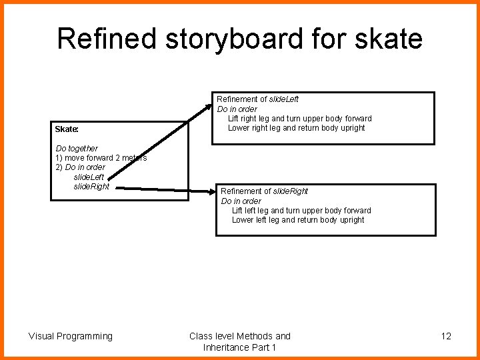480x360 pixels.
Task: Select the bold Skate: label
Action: [67, 129]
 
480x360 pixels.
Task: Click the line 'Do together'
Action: [77, 148]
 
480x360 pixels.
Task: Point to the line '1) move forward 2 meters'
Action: [101, 158]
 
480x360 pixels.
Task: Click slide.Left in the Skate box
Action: [89, 177]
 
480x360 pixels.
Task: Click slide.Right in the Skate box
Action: [91, 187]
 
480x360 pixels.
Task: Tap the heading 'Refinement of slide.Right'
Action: [265, 191]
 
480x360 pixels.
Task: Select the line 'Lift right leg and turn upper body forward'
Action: [300, 119]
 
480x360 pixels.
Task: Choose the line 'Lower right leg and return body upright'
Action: [297, 128]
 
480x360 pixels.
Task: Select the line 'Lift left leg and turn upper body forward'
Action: [301, 211]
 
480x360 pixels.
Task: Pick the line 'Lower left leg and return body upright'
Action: [298, 220]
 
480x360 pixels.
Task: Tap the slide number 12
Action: [446, 336]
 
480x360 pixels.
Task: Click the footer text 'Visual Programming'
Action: [71, 336]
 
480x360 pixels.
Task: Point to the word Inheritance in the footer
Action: [227, 348]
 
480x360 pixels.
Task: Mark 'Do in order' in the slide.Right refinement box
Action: [241, 201]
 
